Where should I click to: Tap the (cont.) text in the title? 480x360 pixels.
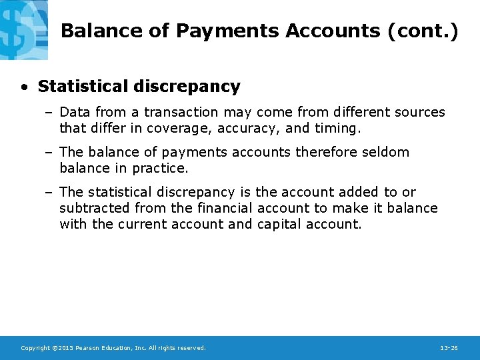tap(423, 31)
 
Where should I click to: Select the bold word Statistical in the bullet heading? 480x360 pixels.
tap(83, 87)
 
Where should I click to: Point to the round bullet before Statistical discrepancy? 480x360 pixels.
tap(25, 87)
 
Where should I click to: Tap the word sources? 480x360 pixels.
tap(419, 113)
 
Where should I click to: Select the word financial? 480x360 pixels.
tap(225, 208)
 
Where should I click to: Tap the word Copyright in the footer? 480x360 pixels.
tap(35, 348)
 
